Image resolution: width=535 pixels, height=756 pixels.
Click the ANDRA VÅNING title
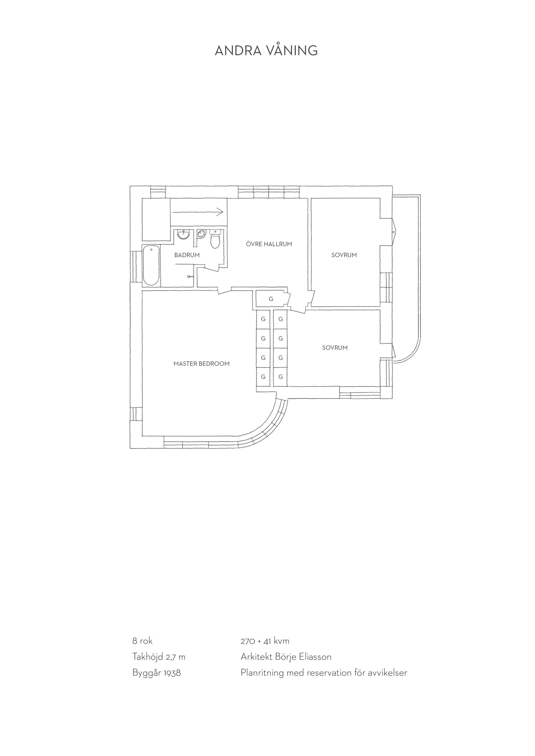coord(266,50)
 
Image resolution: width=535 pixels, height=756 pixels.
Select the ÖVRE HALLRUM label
coord(269,244)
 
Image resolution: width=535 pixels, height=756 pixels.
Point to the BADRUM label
coord(187,255)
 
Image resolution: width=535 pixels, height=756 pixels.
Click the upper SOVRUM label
coord(344,255)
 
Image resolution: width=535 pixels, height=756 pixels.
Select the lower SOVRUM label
coord(335,348)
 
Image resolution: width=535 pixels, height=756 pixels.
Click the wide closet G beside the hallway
coord(271,299)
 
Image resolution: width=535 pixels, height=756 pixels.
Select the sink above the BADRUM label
coord(184,234)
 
